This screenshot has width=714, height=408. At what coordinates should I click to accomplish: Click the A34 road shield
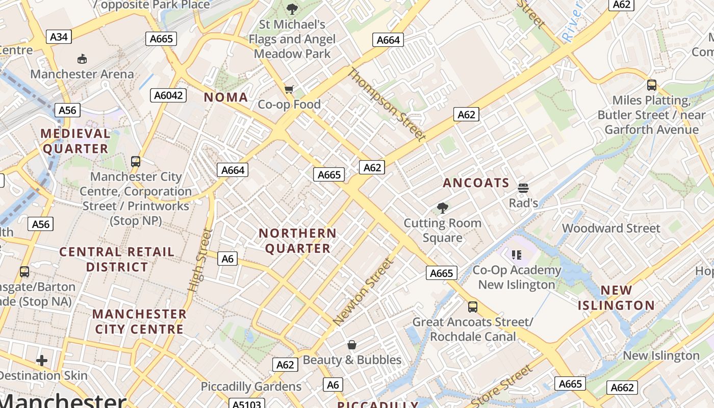(x=59, y=37)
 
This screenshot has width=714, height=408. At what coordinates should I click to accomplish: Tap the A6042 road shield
(x=169, y=95)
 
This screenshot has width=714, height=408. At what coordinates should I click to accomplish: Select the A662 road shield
(x=622, y=388)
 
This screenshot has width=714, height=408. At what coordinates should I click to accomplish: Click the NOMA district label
(x=226, y=97)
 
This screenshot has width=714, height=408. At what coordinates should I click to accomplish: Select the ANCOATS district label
(x=476, y=183)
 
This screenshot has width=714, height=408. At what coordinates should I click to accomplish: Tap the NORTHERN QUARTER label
(x=297, y=241)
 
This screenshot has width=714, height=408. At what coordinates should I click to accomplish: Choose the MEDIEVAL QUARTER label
(x=75, y=141)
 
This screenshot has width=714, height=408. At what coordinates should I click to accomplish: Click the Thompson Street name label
(x=386, y=104)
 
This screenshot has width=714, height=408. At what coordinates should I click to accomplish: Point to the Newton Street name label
(x=364, y=292)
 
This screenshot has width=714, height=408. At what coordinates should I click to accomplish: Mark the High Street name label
(x=200, y=260)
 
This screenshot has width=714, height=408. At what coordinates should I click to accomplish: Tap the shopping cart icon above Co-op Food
(x=289, y=90)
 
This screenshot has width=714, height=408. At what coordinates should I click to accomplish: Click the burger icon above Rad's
(x=523, y=188)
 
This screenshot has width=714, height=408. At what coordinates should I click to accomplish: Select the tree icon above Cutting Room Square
(x=442, y=208)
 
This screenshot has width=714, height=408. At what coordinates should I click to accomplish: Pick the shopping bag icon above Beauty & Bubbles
(x=352, y=345)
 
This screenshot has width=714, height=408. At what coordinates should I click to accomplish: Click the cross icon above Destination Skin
(x=42, y=361)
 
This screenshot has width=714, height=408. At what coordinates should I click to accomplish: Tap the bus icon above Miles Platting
(x=651, y=85)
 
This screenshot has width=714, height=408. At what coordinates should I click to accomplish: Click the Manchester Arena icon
(x=82, y=59)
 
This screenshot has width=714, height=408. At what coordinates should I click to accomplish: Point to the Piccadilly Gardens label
(x=251, y=387)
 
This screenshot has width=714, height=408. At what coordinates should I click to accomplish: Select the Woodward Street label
(x=611, y=228)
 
